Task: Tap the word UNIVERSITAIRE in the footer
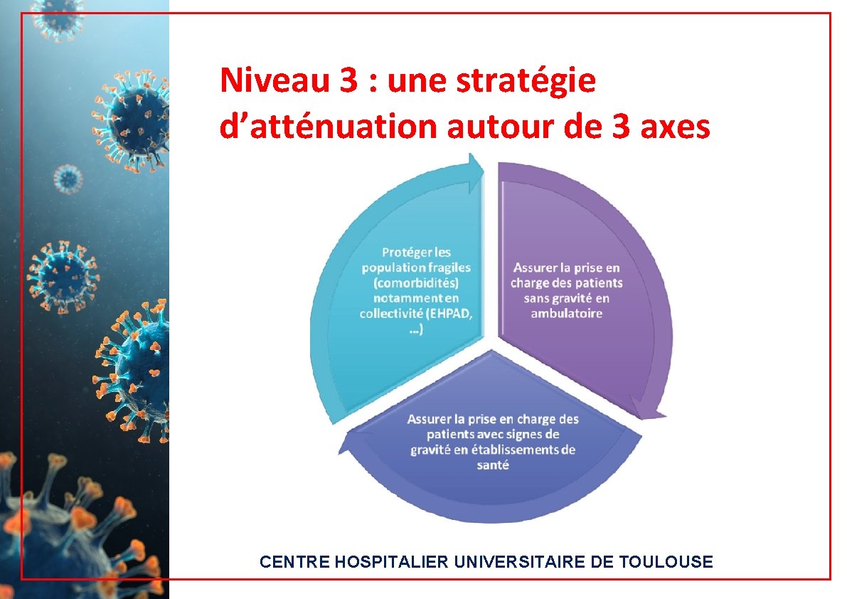tap(519, 562)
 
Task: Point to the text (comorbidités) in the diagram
tap(416, 283)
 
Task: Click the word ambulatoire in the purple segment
tap(566, 314)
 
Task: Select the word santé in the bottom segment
tap(493, 465)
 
